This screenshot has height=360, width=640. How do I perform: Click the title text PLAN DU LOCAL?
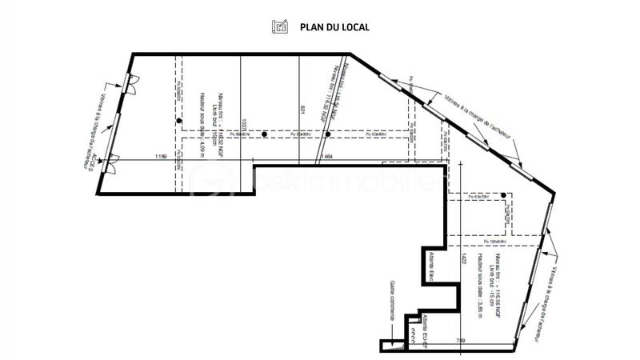point(334,26)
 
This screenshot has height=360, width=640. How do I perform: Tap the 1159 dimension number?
point(160,158)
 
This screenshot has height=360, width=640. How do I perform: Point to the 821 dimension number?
point(303,112)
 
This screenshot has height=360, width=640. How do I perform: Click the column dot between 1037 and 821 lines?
point(265,134)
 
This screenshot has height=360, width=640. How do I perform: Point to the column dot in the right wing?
point(502,194)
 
